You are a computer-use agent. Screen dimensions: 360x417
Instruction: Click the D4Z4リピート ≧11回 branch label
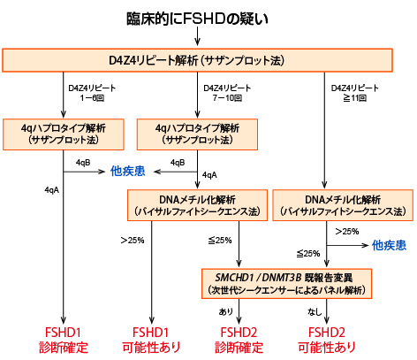click(x=353, y=95)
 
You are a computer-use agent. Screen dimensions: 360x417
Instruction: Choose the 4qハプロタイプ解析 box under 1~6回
click(x=63, y=134)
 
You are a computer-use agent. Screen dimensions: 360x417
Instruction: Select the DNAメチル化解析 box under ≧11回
click(x=343, y=205)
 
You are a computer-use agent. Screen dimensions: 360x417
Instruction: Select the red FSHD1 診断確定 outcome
click(x=64, y=339)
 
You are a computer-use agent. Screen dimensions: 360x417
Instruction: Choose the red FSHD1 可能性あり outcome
click(x=150, y=339)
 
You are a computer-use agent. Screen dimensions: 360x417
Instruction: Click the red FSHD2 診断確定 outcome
click(x=239, y=339)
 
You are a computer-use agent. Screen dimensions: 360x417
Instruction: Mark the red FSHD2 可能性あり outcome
click(x=327, y=339)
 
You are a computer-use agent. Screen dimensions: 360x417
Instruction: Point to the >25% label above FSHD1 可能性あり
click(x=133, y=240)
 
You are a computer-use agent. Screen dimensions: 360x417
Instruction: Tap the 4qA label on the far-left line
click(x=51, y=189)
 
